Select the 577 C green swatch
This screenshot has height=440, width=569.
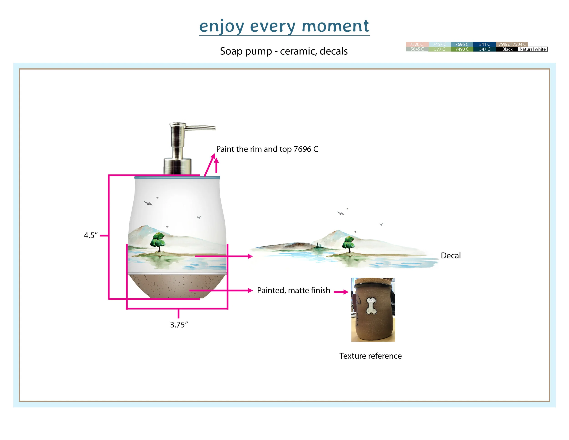click(439, 49)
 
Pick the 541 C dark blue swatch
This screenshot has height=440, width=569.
click(484, 44)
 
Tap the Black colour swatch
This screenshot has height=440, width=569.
click(507, 49)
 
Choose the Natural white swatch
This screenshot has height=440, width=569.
click(533, 49)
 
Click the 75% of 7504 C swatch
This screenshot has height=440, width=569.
click(512, 44)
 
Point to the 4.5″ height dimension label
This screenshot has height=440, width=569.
click(91, 235)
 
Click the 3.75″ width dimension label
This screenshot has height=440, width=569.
click(179, 325)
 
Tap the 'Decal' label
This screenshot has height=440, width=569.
click(451, 256)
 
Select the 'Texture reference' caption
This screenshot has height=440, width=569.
click(370, 356)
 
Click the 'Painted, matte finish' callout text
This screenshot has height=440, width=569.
click(293, 290)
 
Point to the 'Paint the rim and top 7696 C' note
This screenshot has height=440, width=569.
click(267, 149)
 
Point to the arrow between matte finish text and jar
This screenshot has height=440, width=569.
click(341, 292)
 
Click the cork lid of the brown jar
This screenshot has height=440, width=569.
click(373, 281)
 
